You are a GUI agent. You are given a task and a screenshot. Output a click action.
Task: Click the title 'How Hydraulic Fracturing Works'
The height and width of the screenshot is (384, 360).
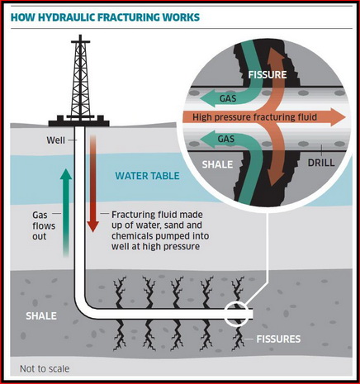click(x=105, y=17)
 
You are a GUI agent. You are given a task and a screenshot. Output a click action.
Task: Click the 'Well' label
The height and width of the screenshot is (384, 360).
click(x=55, y=140)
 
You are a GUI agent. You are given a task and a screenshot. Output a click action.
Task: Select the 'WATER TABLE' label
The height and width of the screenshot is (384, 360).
click(x=147, y=176)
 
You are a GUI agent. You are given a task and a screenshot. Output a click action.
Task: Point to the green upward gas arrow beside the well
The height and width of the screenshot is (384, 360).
click(x=66, y=212)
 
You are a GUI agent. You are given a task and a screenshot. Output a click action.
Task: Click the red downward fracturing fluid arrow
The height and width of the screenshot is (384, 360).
click(x=93, y=183)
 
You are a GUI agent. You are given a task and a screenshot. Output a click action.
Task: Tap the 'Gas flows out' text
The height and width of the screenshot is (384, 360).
click(x=44, y=225)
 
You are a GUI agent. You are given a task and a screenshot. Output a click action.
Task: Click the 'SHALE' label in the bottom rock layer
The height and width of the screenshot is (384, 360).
click(x=41, y=315)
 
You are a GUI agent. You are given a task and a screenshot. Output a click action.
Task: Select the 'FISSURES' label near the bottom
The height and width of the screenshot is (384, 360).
click(x=278, y=339)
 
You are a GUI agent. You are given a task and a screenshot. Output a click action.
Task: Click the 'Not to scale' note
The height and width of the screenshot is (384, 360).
click(x=45, y=368)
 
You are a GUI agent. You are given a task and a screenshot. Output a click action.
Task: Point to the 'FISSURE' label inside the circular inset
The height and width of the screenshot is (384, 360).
click(x=268, y=74)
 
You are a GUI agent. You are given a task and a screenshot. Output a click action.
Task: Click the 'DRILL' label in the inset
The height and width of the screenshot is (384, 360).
click(x=321, y=163)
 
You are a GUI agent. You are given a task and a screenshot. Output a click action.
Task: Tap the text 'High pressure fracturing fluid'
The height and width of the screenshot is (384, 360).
click(x=254, y=117)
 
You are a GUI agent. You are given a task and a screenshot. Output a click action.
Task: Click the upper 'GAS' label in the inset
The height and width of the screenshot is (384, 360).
click(x=228, y=98)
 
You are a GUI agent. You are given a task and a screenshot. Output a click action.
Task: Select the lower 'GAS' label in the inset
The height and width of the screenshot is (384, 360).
click(x=226, y=139)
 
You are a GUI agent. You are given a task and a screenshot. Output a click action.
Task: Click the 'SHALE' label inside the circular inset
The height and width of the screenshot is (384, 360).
click(x=217, y=164)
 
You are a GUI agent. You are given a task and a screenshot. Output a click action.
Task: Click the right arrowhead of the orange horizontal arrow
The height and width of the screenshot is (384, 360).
click(x=338, y=117)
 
